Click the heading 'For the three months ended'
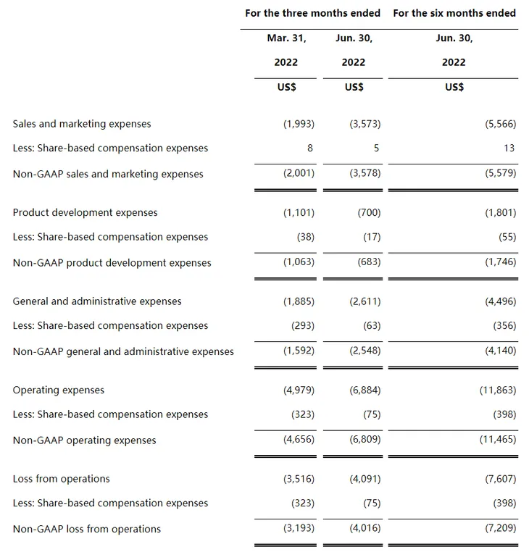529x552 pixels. pos(313,13)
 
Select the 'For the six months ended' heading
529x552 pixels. pos(454,13)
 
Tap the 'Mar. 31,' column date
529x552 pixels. pos(286,38)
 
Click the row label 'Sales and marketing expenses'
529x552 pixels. pos(82,124)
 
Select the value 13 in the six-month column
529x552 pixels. pos(509,148)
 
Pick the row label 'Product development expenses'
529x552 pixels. pos(85,213)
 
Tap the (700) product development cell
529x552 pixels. pos(369,213)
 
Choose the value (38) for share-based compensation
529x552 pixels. pos(305,237)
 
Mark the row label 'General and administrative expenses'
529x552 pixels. pos(97,301)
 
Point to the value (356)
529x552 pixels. pos(504,326)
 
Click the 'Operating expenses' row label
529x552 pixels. pos(59,390)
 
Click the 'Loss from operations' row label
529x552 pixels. pos(62,479)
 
